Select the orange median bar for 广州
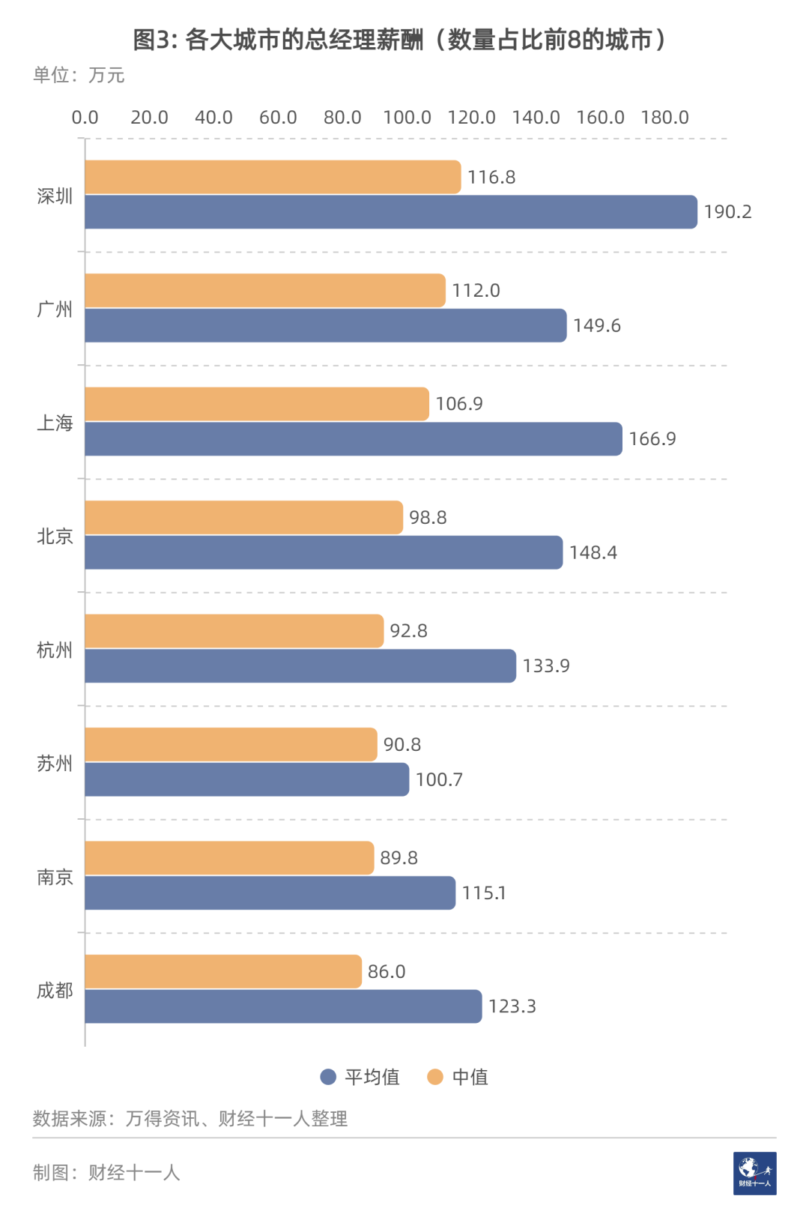(265, 290)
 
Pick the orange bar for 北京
(244, 517)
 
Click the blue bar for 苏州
(247, 779)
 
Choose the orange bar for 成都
(223, 971)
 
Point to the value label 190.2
(727, 212)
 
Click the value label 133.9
(546, 666)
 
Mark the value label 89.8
(399, 858)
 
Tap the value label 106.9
(458, 404)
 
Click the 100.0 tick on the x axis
(407, 118)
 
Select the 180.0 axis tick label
(664, 118)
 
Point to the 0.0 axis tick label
(85, 118)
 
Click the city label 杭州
(55, 650)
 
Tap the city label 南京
(55, 877)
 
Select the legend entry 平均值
(372, 1077)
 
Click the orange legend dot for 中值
(435, 1077)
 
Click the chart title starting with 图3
(399, 40)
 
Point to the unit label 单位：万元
(79, 75)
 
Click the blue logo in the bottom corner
(754, 1174)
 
